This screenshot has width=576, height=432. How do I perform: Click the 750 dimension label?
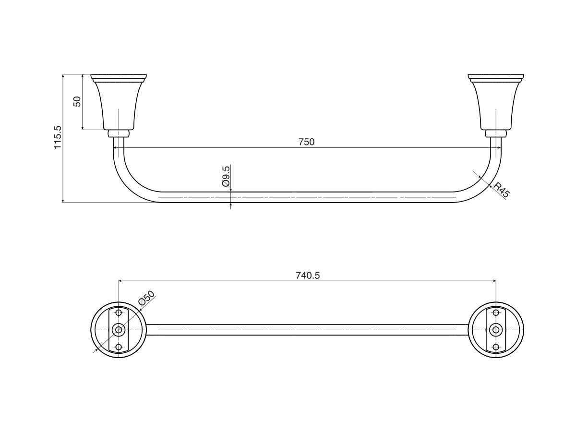point(306,142)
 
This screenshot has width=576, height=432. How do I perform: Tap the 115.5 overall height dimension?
point(58,138)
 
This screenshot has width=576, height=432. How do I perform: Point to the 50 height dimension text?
point(77,101)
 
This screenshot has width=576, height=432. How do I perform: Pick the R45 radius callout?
point(501,190)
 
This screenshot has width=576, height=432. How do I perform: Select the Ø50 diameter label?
point(146,299)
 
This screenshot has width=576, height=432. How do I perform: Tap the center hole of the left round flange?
point(119,330)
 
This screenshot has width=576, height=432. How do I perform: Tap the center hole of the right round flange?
point(496,330)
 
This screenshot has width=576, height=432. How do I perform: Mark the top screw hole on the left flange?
point(119,313)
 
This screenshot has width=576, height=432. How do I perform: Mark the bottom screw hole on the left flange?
point(119,347)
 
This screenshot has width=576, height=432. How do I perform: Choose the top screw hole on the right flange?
point(496,313)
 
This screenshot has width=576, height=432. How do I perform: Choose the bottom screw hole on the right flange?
point(496,347)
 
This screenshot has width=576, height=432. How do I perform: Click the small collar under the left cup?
point(119,133)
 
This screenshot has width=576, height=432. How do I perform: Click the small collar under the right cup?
point(496,133)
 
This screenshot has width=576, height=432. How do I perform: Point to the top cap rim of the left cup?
point(119,77)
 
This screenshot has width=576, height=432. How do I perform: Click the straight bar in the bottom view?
point(307,330)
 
